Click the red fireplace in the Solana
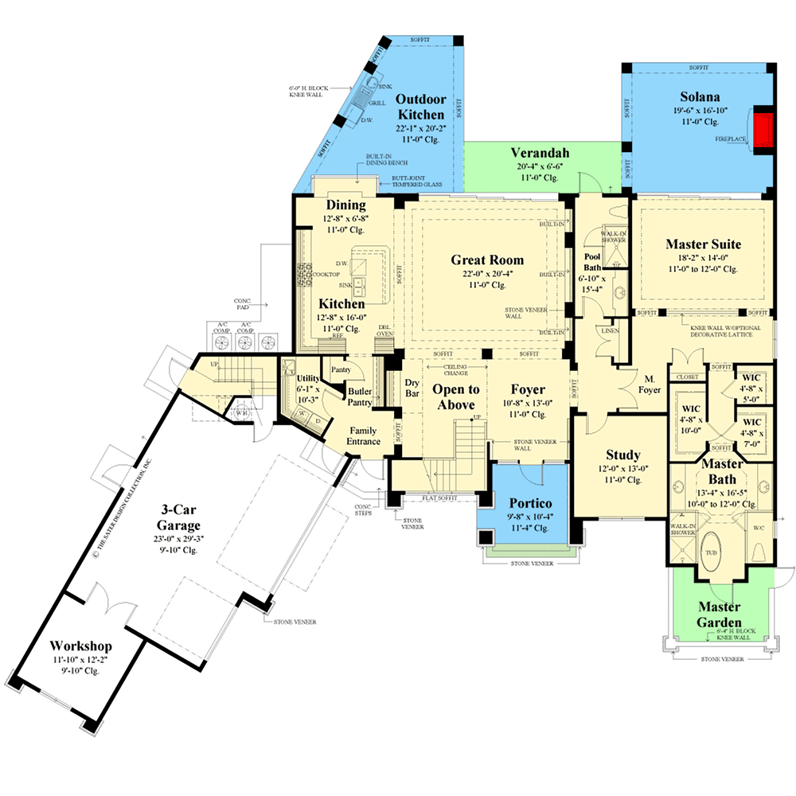tap(763, 127)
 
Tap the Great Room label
tap(487, 259)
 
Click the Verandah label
tap(539, 154)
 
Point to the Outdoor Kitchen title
tap(420, 108)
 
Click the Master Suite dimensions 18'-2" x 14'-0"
tap(703, 258)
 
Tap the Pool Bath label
tap(594, 263)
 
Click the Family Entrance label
tap(364, 435)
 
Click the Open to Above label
tap(456, 396)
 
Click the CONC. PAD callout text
tap(242, 304)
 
